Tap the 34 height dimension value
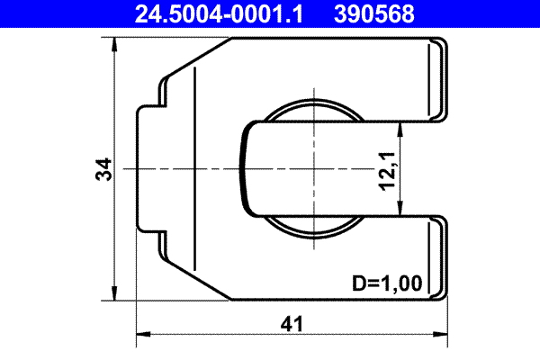[x=104, y=169]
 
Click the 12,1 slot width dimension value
[x=388, y=169]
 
